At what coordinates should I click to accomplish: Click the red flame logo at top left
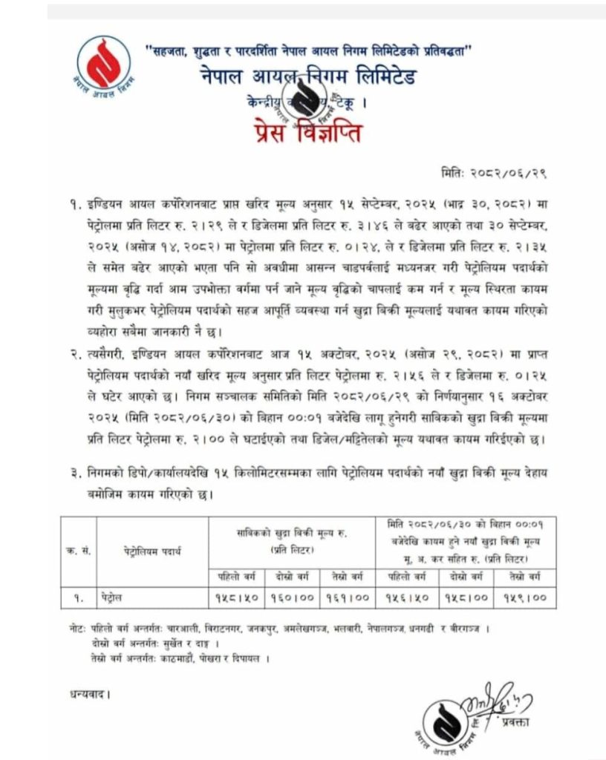point(102,62)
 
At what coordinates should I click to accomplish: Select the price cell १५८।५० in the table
point(231,596)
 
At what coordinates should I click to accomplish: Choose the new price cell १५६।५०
point(405,596)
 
